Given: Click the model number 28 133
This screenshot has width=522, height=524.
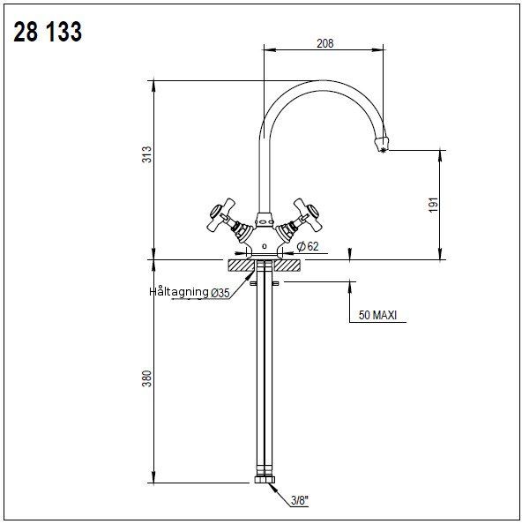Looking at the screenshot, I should tap(48, 33).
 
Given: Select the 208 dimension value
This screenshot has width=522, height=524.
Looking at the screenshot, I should tap(324, 43).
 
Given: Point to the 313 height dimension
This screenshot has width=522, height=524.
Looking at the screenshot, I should tap(147, 154).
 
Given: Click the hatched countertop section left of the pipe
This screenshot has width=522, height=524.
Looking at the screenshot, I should tap(239, 265).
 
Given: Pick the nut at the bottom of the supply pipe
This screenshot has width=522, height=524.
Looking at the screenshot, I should tap(265, 481).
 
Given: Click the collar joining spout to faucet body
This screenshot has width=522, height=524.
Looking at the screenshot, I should tap(264, 218).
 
